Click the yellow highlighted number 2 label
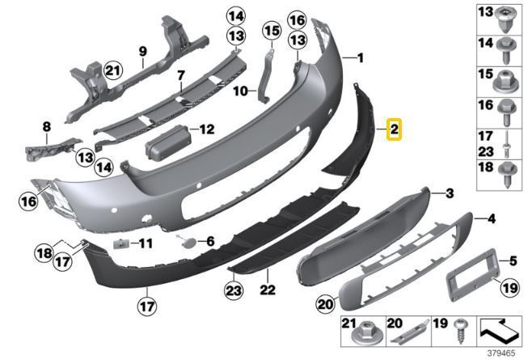(394, 129)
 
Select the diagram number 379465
(501, 354)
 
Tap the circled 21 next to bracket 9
(113, 70)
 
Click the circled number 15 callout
(272, 31)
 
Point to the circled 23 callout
(234, 290)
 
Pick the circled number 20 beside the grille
(325, 304)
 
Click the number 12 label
(207, 129)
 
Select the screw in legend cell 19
(459, 330)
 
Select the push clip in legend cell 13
(506, 19)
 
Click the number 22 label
(268, 290)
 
